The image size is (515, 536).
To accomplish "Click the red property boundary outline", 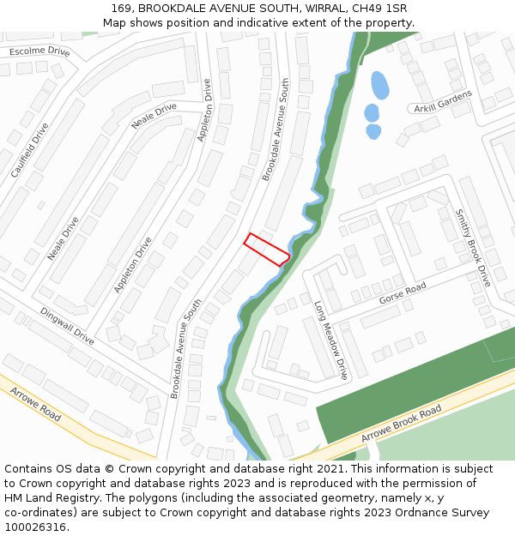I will coord(266,249).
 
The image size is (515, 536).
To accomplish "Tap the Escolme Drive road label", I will coord(39,51).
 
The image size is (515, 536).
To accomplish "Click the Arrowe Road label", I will coord(36,403).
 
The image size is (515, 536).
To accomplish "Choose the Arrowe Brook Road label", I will coord(401,424).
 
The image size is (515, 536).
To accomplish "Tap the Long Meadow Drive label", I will coord(331,340).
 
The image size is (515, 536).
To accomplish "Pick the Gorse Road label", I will coord(403,293).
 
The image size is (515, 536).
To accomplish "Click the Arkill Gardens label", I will coord(442,101).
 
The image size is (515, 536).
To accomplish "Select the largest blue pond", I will coord(379,85).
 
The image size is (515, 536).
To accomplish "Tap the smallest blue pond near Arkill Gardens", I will coord(373,131).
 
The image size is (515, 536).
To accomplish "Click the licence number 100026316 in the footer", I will coord(36,527).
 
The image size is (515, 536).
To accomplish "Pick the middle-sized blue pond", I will coord(371,112).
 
